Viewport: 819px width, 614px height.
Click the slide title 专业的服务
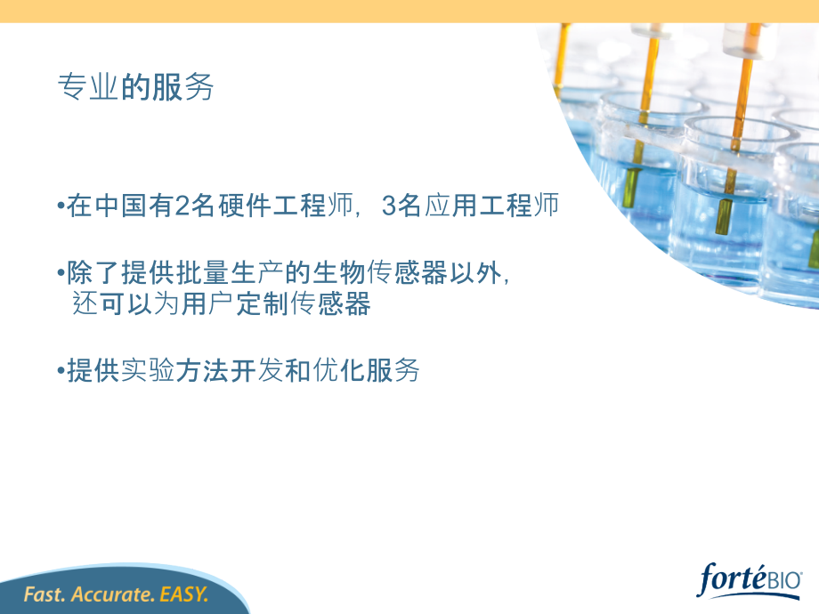(x=136, y=86)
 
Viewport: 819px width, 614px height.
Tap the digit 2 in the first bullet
(x=182, y=206)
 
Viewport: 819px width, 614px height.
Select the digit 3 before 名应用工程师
(x=389, y=206)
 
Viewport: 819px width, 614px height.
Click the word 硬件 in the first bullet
(x=245, y=206)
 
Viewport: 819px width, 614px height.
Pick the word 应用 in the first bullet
(x=450, y=206)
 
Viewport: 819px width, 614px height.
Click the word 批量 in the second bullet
(x=203, y=272)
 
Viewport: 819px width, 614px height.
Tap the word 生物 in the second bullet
(x=339, y=272)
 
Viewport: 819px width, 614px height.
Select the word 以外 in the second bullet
(x=475, y=272)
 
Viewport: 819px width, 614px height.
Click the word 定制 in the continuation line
(x=264, y=303)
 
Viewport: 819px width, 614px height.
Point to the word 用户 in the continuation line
(x=208, y=303)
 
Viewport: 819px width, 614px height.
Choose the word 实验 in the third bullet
(x=148, y=371)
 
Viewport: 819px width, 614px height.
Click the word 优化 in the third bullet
(x=339, y=371)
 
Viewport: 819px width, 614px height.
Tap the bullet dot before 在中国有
(x=61, y=206)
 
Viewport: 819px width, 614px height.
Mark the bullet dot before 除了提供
(x=61, y=273)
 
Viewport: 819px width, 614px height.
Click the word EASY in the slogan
(x=184, y=594)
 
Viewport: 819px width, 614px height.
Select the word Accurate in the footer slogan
(x=113, y=594)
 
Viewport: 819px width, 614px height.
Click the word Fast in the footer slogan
(x=45, y=594)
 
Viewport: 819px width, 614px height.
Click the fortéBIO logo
(x=749, y=579)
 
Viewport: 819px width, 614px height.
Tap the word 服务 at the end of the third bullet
(x=393, y=371)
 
